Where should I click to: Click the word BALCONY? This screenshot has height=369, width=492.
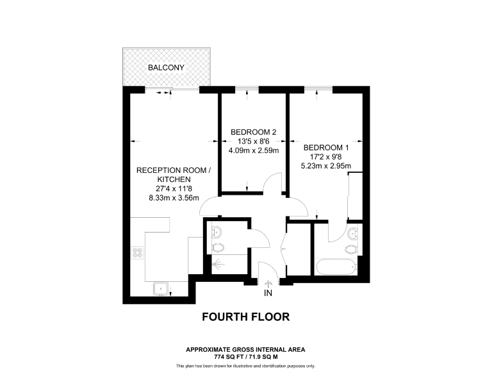point(166,67)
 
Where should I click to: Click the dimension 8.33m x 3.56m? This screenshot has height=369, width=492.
point(173,198)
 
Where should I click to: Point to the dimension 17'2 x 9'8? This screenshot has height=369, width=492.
point(326,156)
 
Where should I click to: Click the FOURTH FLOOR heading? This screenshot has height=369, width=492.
point(245,316)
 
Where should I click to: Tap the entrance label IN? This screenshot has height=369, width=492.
point(268,293)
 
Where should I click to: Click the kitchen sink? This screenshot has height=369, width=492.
point(160,289)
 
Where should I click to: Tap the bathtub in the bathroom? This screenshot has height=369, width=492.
point(335,267)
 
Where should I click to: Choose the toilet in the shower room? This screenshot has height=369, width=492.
point(216,248)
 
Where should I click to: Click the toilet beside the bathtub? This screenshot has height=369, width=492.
point(351,249)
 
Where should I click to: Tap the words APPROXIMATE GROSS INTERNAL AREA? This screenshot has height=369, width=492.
point(245,349)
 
